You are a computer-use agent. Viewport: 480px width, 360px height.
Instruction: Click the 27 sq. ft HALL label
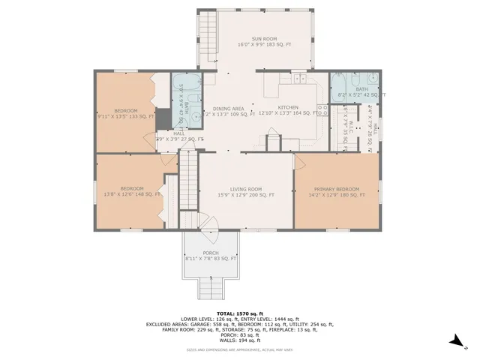coord(179,136)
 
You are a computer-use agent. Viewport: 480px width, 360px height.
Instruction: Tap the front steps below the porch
coord(211,286)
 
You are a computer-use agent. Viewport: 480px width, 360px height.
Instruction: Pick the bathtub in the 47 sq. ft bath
coord(183,84)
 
